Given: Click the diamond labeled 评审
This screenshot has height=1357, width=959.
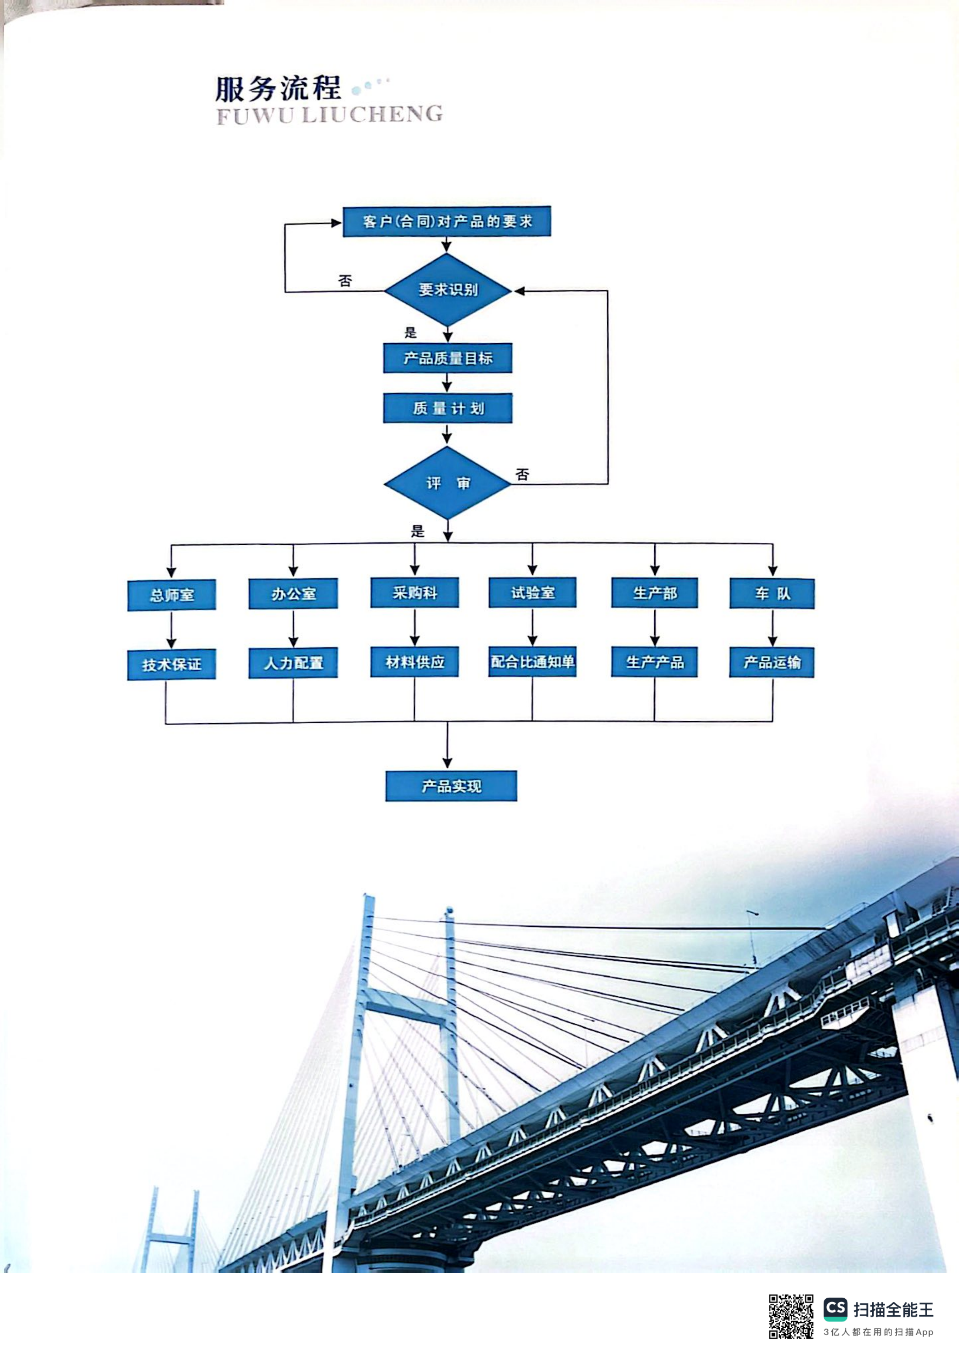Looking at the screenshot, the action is coord(448,483).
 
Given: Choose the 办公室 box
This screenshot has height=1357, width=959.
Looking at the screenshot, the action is coord(293,593).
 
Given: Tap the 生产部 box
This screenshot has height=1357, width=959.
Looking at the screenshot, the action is coord(655,593).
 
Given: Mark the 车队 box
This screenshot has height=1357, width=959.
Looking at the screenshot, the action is coord(772,593).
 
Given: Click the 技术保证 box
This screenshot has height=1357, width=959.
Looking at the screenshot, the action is coord(171,664).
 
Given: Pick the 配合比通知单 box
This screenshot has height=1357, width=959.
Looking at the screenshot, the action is coord(532,662).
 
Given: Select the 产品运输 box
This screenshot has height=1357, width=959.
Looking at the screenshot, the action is coord(772,663).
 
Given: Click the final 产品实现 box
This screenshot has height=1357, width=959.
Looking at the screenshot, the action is coord(451,786).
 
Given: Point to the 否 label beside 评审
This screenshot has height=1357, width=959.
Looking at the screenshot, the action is coord(522,475).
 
